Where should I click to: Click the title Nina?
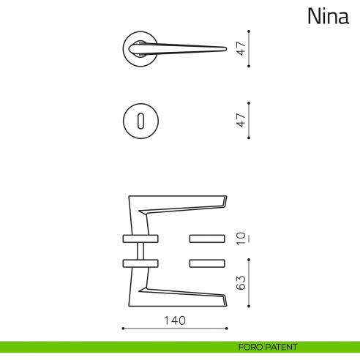[327, 15]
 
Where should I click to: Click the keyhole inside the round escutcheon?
[138, 119]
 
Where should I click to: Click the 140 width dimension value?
[175, 320]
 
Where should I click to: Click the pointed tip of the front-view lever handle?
[223, 49]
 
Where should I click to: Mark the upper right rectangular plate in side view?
[207, 238]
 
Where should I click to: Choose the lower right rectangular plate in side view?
[207, 263]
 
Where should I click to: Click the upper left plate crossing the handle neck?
[138, 238]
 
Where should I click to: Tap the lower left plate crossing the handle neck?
[138, 263]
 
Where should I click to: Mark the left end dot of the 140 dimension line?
[122, 328]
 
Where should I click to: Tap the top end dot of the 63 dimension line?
[250, 257]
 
